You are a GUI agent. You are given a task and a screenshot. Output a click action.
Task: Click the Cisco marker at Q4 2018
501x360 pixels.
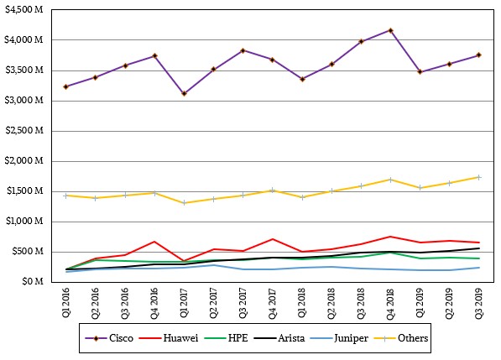(x=390, y=31)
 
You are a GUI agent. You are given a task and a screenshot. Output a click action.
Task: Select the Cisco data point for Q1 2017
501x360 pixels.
(x=184, y=94)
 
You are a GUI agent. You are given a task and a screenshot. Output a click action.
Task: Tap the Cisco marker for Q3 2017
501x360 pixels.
(x=243, y=50)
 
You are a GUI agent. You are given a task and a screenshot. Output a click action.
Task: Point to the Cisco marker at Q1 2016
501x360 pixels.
(x=66, y=87)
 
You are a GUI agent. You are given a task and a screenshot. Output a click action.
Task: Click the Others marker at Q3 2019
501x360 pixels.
(x=479, y=177)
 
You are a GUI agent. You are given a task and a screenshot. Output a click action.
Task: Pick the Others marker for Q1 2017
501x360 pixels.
(x=184, y=203)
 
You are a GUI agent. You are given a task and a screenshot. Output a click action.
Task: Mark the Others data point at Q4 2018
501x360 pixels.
(x=390, y=180)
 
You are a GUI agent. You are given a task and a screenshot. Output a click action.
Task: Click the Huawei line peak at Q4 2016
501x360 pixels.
(x=154, y=242)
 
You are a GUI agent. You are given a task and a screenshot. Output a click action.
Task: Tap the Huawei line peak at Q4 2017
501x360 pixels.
(x=273, y=239)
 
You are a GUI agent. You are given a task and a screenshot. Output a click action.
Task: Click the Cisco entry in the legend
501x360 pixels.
(x=109, y=338)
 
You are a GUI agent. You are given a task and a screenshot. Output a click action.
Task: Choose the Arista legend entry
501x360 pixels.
(x=279, y=338)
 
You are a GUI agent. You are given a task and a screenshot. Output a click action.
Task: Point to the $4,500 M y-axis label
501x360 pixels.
(x=24, y=9)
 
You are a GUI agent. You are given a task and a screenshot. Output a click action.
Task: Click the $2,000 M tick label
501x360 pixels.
(x=24, y=160)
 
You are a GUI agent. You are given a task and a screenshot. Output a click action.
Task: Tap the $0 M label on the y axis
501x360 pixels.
(x=33, y=281)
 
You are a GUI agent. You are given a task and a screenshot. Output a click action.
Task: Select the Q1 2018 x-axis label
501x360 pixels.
(x=301, y=302)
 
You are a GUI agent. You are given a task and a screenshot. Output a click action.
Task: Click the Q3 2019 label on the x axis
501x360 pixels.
(x=479, y=302)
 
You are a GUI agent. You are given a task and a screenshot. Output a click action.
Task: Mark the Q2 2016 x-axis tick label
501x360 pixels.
(x=96, y=303)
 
